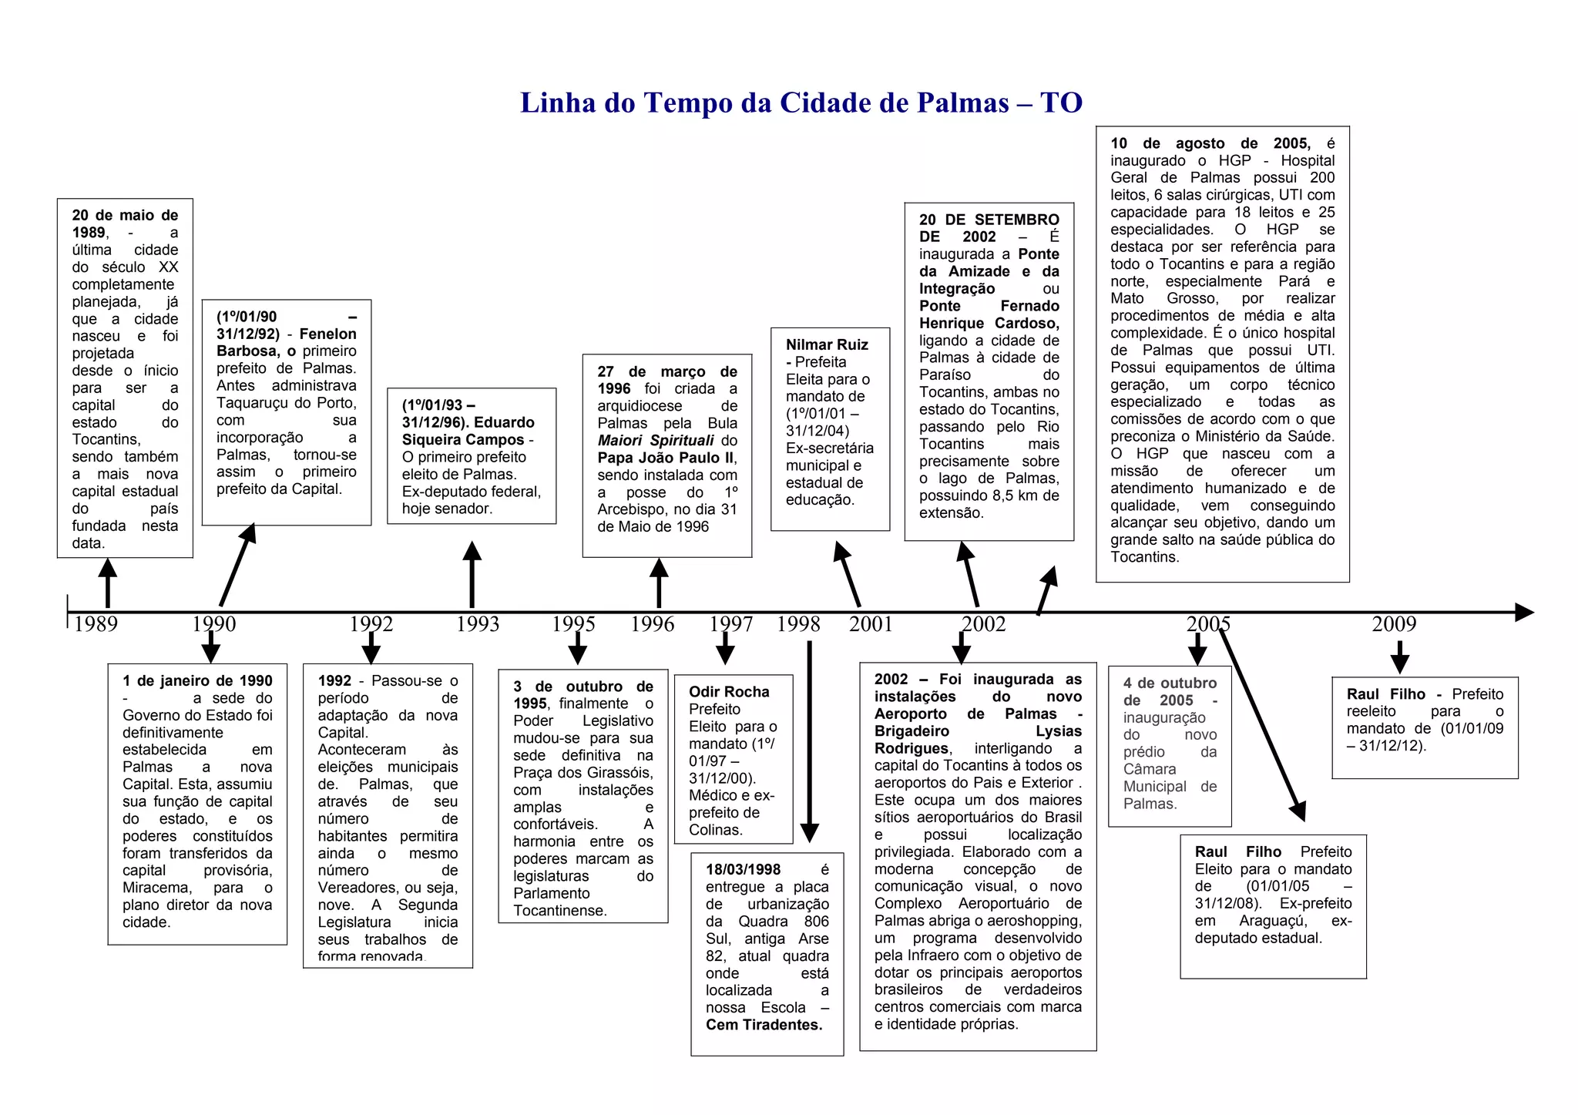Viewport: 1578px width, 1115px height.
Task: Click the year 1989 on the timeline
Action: click(x=96, y=623)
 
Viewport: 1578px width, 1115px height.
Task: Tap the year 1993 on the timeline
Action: click(x=478, y=623)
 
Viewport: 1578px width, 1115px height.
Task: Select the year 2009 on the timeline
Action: click(x=1394, y=623)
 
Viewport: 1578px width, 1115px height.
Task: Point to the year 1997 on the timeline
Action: click(x=730, y=623)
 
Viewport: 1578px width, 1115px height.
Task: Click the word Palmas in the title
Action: click(x=962, y=102)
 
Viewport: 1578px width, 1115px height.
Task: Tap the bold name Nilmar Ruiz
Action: click(x=827, y=344)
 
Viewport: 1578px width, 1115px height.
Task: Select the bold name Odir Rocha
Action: click(x=729, y=692)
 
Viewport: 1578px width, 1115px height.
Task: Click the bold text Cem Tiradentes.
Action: click(x=764, y=1025)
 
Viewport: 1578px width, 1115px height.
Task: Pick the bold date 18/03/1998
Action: click(x=743, y=870)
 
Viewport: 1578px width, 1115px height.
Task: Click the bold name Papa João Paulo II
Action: click(x=666, y=458)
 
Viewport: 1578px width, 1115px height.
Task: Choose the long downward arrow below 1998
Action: click(x=809, y=740)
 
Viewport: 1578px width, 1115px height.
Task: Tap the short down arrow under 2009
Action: click(x=1400, y=657)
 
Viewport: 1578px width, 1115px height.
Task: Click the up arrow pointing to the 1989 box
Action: click(x=108, y=582)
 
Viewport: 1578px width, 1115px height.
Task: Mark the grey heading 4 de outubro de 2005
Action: click(x=1170, y=692)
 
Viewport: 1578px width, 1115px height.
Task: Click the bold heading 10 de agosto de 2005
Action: click(x=1210, y=143)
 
